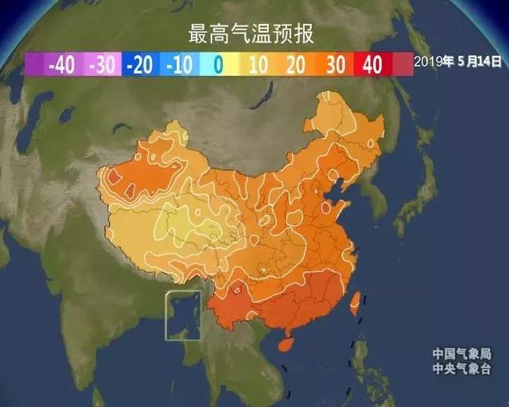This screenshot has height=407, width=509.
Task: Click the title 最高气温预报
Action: [x=251, y=34]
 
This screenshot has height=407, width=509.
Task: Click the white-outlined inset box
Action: [x=183, y=316]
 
